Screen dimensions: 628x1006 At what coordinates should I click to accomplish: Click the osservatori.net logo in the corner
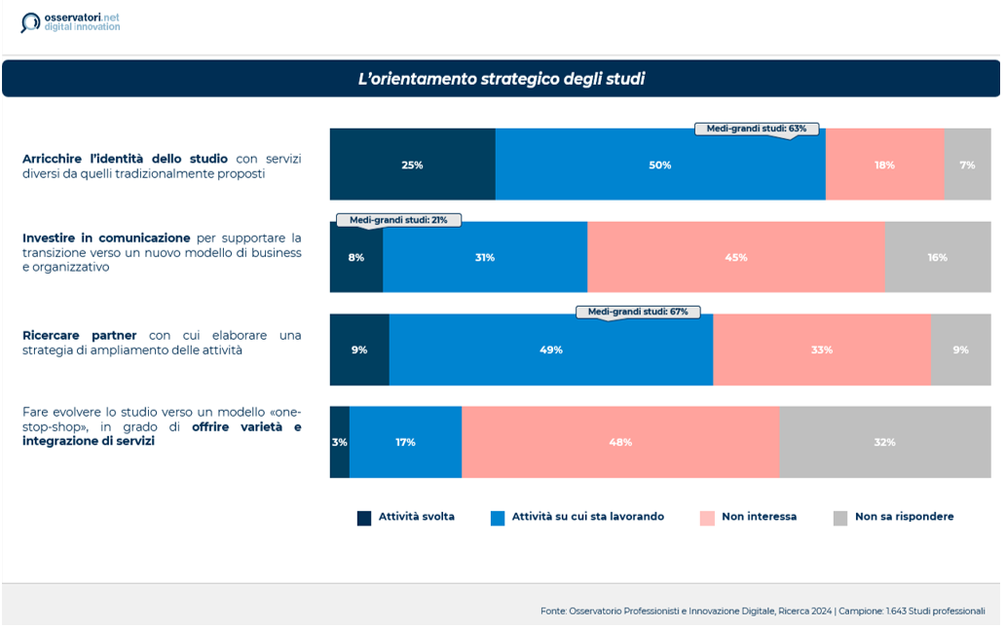(70, 21)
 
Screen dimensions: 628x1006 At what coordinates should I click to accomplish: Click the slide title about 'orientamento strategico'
(502, 79)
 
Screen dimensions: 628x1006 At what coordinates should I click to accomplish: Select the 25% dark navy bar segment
(412, 165)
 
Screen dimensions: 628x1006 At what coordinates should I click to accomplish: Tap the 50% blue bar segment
(660, 165)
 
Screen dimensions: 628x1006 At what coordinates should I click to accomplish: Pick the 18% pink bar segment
(884, 165)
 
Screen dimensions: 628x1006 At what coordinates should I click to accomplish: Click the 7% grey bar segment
(967, 165)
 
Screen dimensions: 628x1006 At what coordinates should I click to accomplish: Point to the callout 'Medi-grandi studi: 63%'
(757, 129)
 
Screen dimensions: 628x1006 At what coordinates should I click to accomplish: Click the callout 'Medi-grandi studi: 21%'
(398, 220)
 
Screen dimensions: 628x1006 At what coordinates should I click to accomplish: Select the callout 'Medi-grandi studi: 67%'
(638, 313)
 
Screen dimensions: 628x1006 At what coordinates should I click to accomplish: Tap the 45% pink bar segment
(736, 257)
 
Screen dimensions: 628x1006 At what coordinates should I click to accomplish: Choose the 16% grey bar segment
(938, 257)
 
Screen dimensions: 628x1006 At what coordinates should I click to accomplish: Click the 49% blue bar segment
(551, 350)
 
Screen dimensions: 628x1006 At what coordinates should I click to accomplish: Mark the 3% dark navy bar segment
(339, 442)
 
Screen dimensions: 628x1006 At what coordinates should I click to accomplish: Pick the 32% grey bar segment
(884, 442)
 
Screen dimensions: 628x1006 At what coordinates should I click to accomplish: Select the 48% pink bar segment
(620, 442)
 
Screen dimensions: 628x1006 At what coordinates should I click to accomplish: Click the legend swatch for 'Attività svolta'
(364, 518)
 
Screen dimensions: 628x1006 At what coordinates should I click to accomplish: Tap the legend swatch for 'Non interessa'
(706, 518)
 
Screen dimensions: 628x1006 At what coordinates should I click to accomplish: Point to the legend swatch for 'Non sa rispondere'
(839, 518)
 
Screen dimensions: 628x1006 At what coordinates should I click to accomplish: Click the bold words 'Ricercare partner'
(79, 335)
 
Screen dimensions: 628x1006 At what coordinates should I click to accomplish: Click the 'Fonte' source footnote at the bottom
(763, 610)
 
